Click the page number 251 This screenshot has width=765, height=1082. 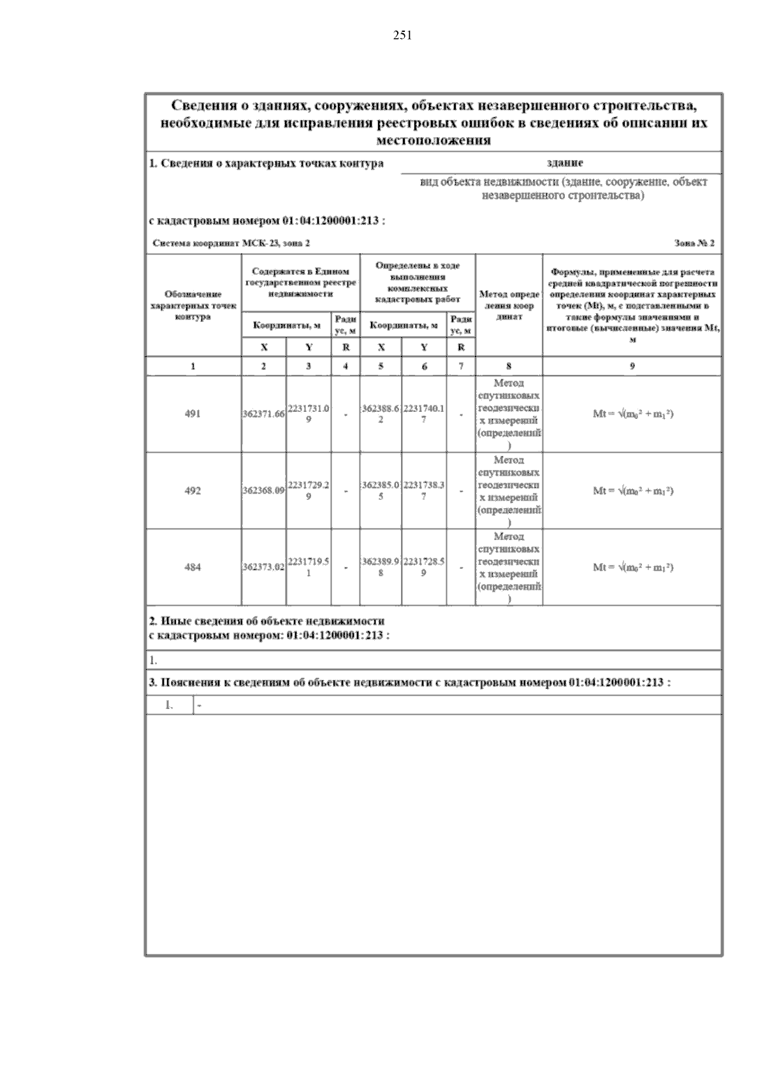[402, 36]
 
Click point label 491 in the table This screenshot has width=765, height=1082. [193, 414]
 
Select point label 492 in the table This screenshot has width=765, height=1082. [193, 490]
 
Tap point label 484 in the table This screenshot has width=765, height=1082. [193, 567]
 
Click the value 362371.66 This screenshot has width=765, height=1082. [263, 414]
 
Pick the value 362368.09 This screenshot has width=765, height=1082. [263, 491]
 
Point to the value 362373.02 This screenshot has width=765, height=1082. [263, 567]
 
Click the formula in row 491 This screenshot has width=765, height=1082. [632, 414]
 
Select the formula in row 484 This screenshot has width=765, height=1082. [632, 567]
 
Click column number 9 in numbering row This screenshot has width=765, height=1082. [632, 366]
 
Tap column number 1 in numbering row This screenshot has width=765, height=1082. [193, 366]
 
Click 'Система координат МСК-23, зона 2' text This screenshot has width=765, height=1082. [232, 244]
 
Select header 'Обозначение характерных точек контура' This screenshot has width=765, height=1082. [193, 305]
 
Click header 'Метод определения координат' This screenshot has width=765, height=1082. [509, 305]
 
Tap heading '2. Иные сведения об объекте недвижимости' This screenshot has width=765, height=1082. [266, 621]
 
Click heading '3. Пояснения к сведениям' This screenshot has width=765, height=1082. [409, 682]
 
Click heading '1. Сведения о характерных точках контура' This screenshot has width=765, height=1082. [266, 163]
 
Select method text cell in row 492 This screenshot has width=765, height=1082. [509, 491]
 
